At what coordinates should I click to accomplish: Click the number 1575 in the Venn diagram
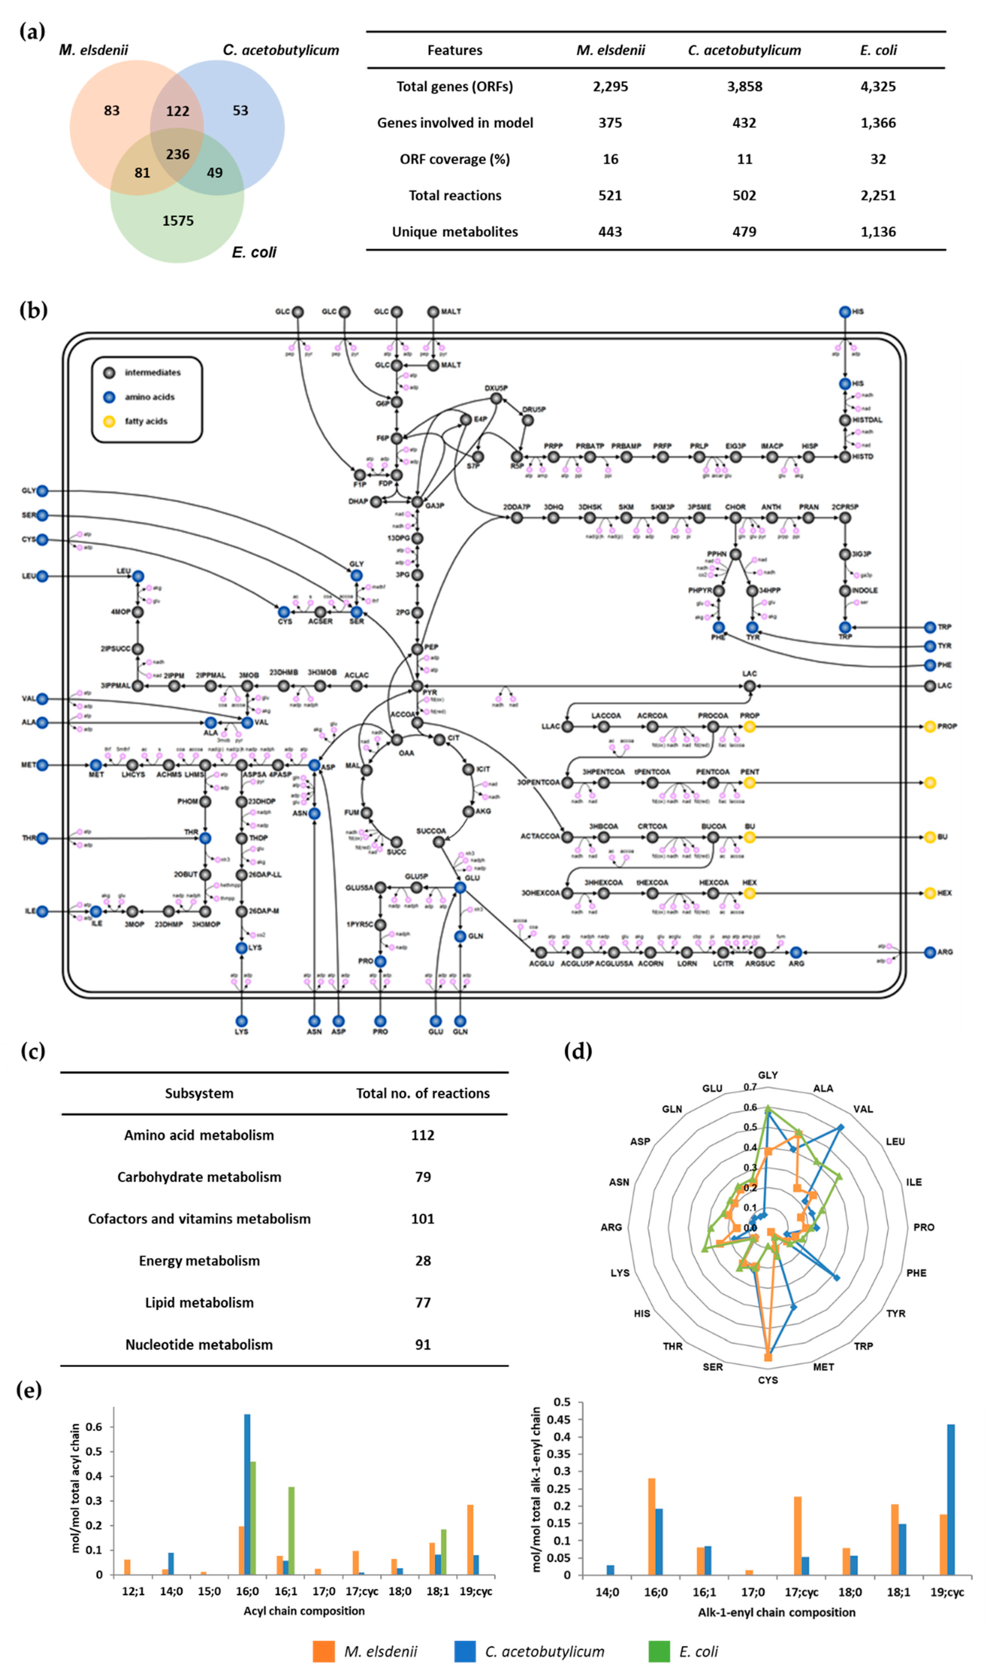click(178, 221)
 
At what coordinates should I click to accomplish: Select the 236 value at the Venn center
click(178, 155)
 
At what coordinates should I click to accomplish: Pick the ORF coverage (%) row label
click(455, 159)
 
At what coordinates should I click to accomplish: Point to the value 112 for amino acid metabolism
click(423, 1135)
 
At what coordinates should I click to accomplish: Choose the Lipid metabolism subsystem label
click(199, 1302)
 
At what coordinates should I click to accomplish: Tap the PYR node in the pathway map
click(417, 686)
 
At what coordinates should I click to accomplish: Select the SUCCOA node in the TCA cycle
click(439, 842)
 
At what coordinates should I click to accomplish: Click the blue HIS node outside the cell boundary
click(845, 312)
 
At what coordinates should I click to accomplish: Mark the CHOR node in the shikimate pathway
click(735, 518)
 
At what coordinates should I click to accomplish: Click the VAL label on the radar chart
click(862, 1109)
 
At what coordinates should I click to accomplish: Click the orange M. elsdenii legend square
click(323, 1651)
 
